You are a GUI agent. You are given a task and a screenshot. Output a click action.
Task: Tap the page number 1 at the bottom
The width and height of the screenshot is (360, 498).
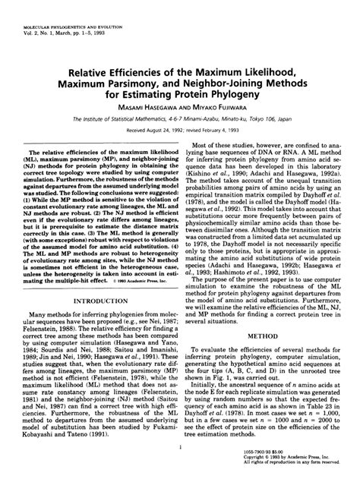(179, 470)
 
